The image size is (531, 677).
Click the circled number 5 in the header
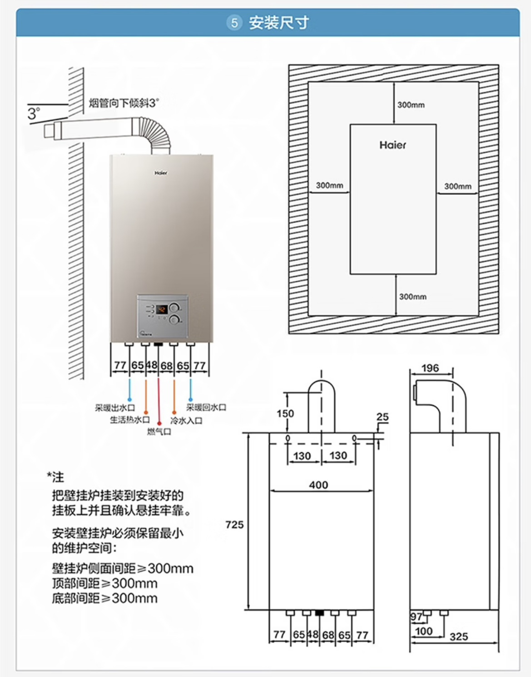tap(234, 23)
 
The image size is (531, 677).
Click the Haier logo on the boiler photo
tap(161, 173)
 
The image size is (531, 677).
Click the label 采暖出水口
tap(115, 408)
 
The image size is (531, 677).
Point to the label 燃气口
tap(159, 431)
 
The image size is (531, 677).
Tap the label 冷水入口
tap(186, 420)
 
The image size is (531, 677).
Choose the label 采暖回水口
tap(206, 407)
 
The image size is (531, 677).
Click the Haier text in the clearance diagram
tap(393, 145)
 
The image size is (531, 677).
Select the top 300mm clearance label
tap(411, 105)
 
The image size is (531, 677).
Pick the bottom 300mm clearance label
tap(412, 297)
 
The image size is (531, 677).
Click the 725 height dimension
tap(234, 525)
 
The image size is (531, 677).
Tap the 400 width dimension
tap(318, 485)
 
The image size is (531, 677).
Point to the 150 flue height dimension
tap(285, 413)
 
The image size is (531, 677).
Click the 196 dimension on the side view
tap(430, 368)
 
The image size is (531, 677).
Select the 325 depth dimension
tap(459, 637)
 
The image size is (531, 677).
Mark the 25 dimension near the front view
tap(382, 417)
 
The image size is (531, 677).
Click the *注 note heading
tap(55, 477)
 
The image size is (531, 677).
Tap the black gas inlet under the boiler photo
tap(159, 344)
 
